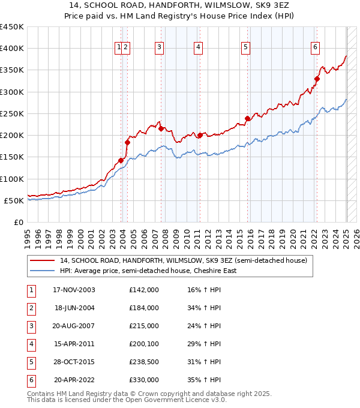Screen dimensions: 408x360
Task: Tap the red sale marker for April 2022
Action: pyautogui.click(x=317, y=78)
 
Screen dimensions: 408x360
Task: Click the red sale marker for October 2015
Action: pyautogui.click(x=247, y=118)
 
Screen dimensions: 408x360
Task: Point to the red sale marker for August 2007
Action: pyautogui.click(x=161, y=128)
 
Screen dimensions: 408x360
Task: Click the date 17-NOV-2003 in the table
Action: pyautogui.click(x=74, y=290)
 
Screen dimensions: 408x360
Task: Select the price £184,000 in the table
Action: pyautogui.click(x=143, y=308)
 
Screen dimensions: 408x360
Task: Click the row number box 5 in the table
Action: pyautogui.click(x=30, y=362)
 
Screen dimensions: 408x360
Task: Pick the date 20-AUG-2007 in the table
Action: pyautogui.click(x=74, y=326)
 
